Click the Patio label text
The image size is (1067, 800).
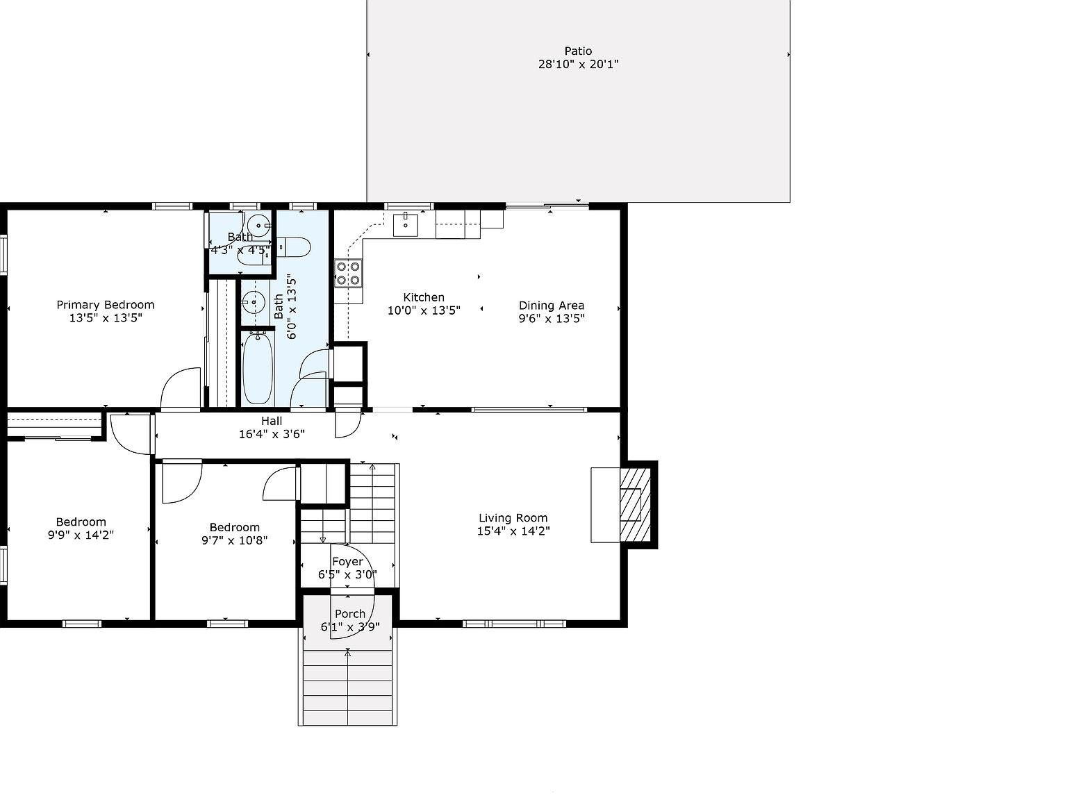coord(578,51)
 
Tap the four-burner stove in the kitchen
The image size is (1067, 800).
coord(348,273)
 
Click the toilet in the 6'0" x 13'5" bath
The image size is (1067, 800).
coord(294,247)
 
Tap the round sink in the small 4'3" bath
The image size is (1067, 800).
coord(258,224)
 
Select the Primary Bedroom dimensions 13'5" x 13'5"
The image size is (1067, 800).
coord(105,318)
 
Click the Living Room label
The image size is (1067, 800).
coord(513,517)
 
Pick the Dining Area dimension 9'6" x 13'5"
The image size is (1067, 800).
coord(552,319)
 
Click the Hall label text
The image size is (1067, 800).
coord(272,421)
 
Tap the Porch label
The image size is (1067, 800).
coord(349,613)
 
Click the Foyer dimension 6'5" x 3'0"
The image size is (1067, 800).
coord(347,574)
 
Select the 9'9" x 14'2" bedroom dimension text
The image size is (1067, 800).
coord(81,535)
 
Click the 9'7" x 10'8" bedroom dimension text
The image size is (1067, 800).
coord(234,540)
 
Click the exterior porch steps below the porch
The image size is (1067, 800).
coord(347,687)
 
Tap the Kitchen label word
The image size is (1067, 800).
coord(424,297)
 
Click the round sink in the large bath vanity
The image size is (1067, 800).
coord(254,302)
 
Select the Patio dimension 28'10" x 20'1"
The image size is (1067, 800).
coord(578,65)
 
